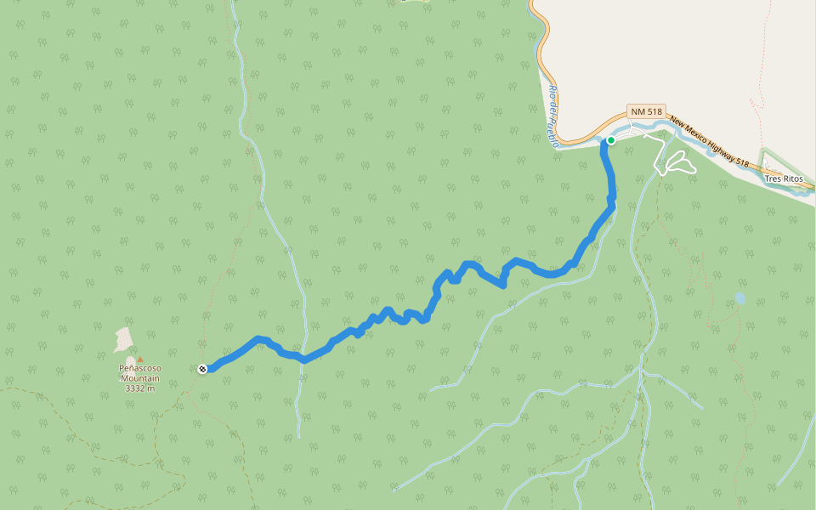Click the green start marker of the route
(x=610, y=140)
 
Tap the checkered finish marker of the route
(x=202, y=368)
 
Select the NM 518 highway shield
(x=645, y=112)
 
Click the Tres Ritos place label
(x=783, y=178)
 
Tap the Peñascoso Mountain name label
(x=140, y=373)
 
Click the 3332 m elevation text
(x=140, y=388)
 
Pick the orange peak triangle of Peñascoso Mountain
(x=140, y=360)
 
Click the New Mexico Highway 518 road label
(x=709, y=141)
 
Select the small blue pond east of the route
(x=739, y=298)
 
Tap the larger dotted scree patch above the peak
(x=124, y=340)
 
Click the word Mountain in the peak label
(x=140, y=378)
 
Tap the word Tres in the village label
(x=772, y=178)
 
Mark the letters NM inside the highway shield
(x=637, y=112)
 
